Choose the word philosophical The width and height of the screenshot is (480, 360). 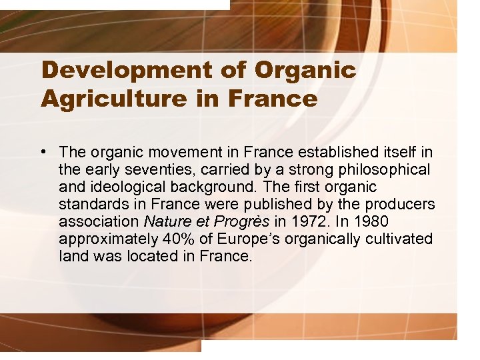click(383, 170)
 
